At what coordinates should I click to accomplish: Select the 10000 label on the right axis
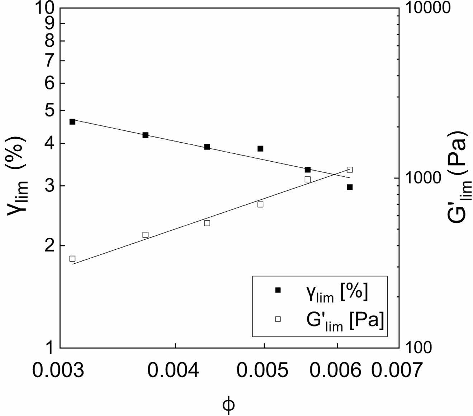[x=427, y=8]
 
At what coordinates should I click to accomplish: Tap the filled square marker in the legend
[x=278, y=290]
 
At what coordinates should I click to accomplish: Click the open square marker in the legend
[x=278, y=319]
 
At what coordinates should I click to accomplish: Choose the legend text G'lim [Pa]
[x=343, y=319]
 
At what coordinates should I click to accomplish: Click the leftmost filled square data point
[x=72, y=122]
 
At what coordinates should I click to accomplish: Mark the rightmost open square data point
[x=350, y=170]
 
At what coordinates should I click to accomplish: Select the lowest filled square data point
[x=350, y=187]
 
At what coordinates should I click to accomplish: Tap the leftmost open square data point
[x=72, y=259]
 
